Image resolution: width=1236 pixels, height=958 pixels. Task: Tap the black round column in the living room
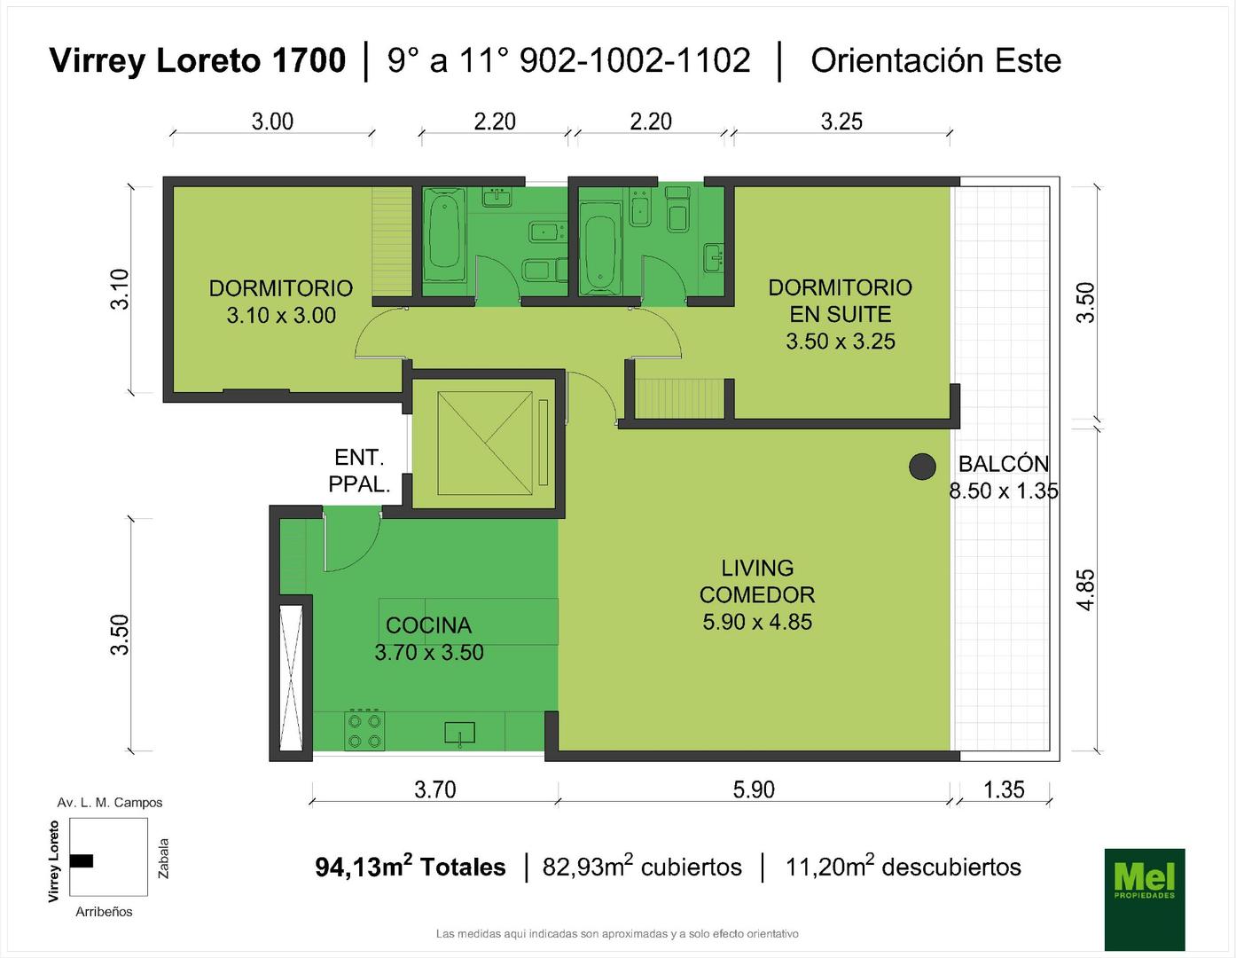click(922, 467)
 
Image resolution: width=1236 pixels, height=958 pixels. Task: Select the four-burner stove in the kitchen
click(364, 730)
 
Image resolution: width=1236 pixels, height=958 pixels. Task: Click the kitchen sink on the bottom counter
click(459, 733)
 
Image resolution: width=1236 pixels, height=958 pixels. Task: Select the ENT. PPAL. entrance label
click(359, 470)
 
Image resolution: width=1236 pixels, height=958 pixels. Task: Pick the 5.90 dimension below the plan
click(754, 789)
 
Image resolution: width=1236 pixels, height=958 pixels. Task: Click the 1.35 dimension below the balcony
click(1004, 789)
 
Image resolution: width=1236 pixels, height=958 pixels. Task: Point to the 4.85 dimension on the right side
click(1086, 590)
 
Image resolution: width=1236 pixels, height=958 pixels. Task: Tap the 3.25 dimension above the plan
click(841, 122)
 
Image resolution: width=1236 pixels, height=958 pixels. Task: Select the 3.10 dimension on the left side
click(120, 289)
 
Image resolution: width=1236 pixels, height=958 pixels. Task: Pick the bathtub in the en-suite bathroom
click(600, 253)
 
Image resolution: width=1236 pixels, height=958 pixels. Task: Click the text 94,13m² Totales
click(411, 867)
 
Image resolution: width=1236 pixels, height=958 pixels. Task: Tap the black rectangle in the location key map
click(82, 860)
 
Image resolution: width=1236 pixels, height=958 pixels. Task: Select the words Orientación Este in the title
click(935, 61)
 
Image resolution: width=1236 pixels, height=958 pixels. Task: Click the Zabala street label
click(164, 858)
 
